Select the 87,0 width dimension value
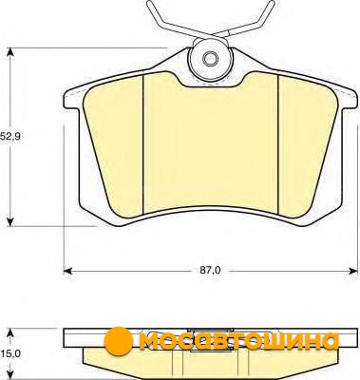click(x=210, y=271)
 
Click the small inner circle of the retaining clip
click(x=210, y=59)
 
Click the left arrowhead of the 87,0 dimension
click(x=69, y=271)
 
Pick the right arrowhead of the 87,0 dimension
click(x=352, y=271)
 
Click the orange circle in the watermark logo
click(x=118, y=340)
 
